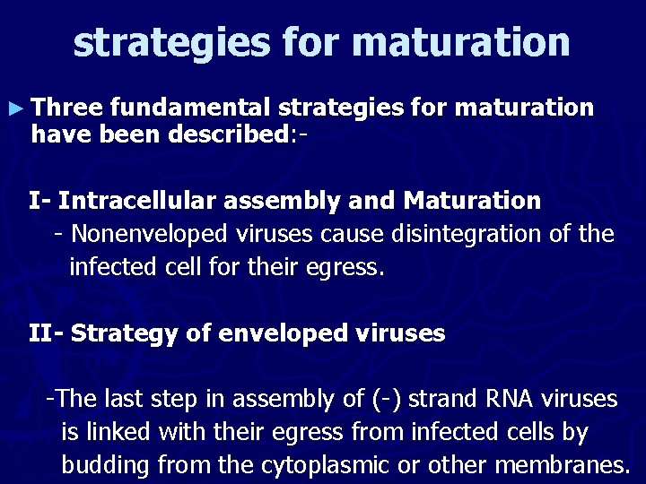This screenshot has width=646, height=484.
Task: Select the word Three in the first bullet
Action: coord(66,108)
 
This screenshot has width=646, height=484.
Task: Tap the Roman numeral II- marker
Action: coord(45,334)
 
